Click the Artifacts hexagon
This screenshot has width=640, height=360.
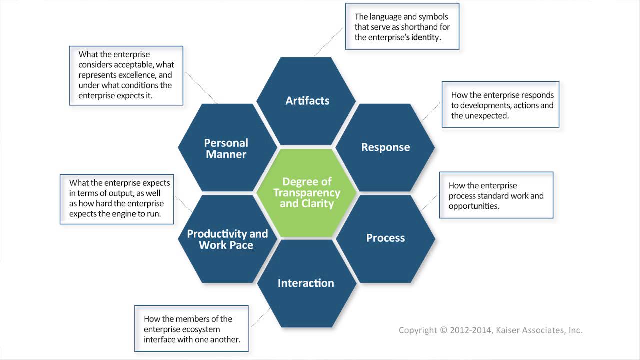point(307,101)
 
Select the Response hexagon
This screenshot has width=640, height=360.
point(385,147)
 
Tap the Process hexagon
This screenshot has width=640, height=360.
point(385,238)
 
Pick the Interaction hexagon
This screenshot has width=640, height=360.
point(306,283)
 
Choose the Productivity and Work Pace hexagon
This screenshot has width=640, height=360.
point(227,239)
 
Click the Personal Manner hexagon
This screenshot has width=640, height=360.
point(226,148)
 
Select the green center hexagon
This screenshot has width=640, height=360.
point(307,192)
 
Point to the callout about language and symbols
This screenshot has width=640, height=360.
point(402,27)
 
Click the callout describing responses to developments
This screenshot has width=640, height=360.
point(500,105)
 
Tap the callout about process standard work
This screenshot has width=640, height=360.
point(496,195)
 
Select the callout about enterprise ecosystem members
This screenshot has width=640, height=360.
point(192,329)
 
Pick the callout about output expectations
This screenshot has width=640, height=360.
point(119,199)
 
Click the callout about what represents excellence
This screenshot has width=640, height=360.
point(126,75)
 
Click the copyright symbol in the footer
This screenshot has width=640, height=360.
point(443,330)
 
